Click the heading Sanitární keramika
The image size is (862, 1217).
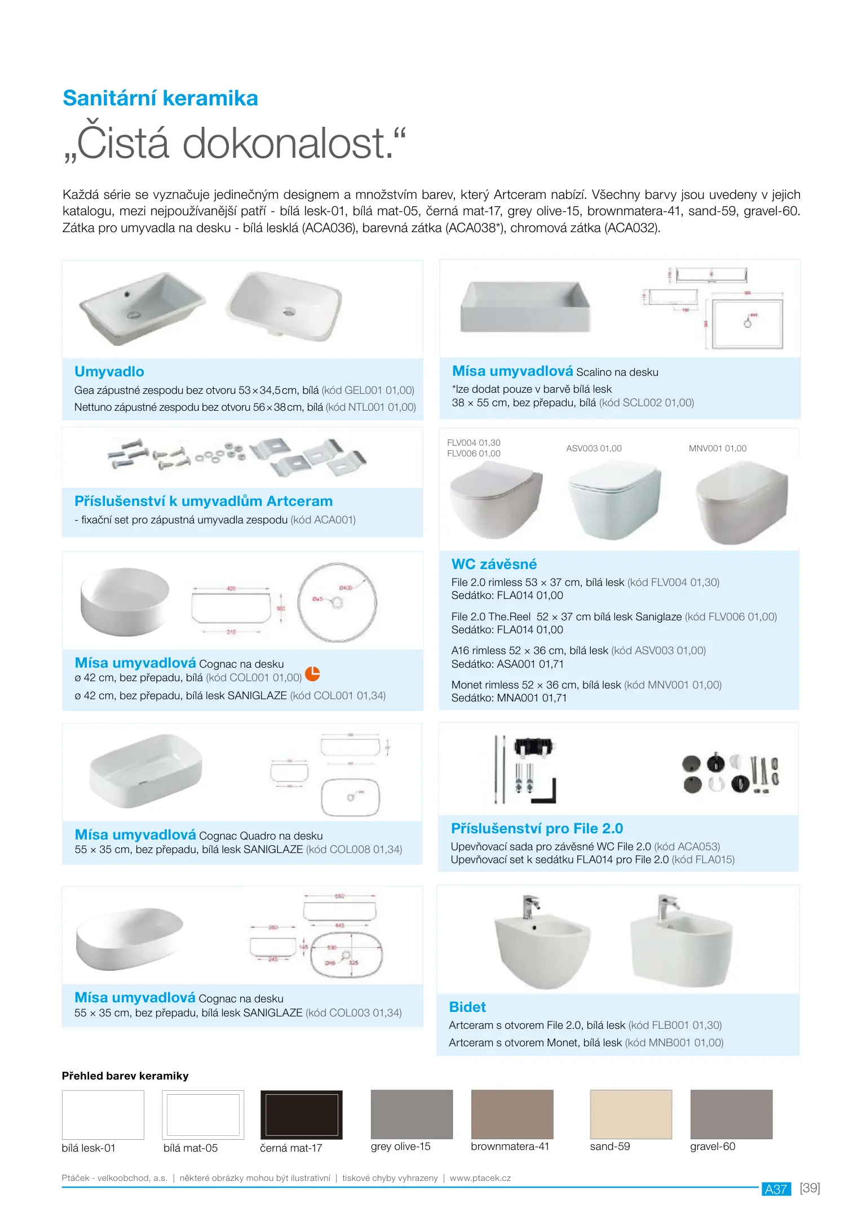[160, 98]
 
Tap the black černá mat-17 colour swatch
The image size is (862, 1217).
[301, 1114]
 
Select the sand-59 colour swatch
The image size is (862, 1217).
[630, 1114]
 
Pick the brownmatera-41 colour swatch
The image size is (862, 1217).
[512, 1114]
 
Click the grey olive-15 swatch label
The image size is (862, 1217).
[400, 1146]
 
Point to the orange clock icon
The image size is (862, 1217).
[312, 673]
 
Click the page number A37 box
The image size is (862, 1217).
[776, 1189]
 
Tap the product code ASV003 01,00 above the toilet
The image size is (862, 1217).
[594, 448]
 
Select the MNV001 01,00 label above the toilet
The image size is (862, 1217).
[717, 448]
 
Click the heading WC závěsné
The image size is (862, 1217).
[494, 564]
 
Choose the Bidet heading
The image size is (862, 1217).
[467, 1007]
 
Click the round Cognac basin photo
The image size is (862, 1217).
[125, 601]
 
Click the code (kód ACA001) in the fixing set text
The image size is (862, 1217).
[323, 519]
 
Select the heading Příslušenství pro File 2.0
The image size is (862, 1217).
[537, 828]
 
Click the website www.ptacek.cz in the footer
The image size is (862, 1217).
[480, 1178]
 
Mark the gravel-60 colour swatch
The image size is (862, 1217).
[731, 1114]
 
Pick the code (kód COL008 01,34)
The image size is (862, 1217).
[354, 849]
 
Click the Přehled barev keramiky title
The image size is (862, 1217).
[125, 1076]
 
